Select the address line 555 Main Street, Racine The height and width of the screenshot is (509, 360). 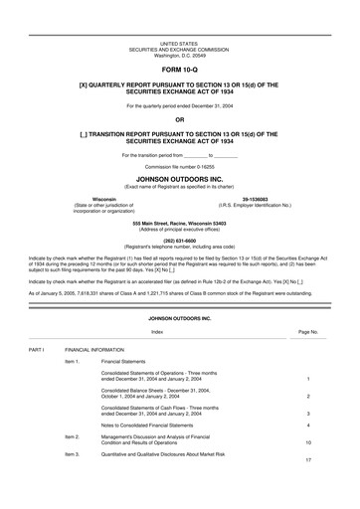179,223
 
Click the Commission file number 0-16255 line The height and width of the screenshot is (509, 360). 179,168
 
